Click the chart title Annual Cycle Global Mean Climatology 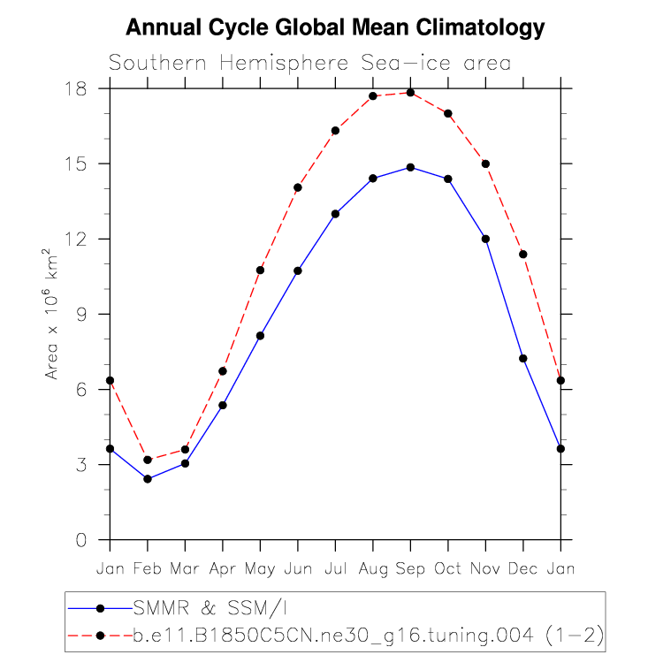pos(335,27)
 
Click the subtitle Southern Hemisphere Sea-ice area pos(309,63)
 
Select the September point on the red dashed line pos(410,93)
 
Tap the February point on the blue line pos(148,479)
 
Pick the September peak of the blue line pos(410,167)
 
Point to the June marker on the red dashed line pos(298,187)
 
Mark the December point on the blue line pos(522,358)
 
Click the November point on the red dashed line pos(485,164)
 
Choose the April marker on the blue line pos(223,405)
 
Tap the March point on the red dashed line pos(185,449)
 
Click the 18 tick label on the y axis pos(74,88)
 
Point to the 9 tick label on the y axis pos(80,314)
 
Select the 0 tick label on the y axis pos(80,539)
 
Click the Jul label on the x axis pos(335,568)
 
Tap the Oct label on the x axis pos(447,568)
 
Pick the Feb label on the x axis pos(148,568)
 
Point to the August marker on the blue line pos(373,179)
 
